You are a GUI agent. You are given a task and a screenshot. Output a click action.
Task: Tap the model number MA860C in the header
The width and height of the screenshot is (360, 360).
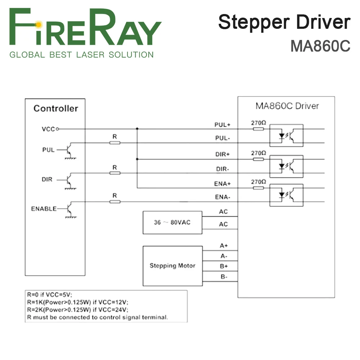pos(320,46)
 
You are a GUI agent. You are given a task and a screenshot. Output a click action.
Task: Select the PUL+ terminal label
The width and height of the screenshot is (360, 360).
pos(222,125)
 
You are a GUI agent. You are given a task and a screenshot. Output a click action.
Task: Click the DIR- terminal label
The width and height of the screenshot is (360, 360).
pos(222,169)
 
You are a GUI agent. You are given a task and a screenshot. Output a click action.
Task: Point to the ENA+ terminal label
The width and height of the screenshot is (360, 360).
pos(222,184)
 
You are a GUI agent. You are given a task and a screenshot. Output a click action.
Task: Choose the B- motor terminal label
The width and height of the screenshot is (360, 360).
pos(223,277)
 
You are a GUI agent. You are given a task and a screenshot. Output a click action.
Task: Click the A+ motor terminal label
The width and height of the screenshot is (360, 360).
pos(223,246)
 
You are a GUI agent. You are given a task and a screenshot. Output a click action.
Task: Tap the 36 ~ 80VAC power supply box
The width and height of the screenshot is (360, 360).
pos(172,222)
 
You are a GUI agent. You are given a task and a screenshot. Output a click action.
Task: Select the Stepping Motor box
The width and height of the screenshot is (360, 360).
pos(172,266)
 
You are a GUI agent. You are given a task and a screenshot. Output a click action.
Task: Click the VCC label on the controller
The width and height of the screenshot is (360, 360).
pos(48,129)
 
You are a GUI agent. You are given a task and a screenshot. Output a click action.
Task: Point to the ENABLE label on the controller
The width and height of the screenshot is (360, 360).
pos(44,208)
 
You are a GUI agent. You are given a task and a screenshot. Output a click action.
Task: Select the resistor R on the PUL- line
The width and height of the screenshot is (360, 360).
pos(114,143)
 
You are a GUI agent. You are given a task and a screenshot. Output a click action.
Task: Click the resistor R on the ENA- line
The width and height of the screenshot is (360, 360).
pos(114,202)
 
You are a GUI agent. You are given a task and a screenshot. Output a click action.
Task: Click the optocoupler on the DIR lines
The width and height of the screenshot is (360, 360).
pos(287,166)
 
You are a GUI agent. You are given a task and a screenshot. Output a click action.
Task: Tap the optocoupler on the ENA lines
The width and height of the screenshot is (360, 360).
pos(287,195)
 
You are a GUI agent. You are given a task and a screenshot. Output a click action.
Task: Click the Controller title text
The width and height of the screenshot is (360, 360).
pos(55,108)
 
